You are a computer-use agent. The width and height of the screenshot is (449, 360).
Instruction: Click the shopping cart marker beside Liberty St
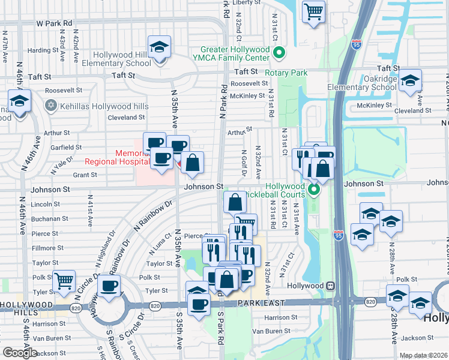313,11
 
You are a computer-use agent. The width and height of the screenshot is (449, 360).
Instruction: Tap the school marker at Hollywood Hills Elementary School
160,47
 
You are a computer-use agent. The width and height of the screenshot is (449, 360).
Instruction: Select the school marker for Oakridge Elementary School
410,80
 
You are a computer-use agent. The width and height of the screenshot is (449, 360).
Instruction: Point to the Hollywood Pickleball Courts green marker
313,191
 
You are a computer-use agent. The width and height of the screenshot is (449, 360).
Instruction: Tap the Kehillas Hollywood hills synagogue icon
51,106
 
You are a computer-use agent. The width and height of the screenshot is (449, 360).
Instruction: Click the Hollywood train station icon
330,286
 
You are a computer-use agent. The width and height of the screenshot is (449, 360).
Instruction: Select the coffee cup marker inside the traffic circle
109,286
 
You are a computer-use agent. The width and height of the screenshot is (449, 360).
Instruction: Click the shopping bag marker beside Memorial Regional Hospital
192,163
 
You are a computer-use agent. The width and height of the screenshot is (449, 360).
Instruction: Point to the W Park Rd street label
54,23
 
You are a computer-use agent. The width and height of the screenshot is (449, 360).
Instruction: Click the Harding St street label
42,50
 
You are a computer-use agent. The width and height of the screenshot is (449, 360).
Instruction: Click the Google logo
20,353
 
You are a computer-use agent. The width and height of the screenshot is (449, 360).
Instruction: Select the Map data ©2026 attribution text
423,355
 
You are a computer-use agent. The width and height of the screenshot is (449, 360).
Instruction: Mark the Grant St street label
85,175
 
